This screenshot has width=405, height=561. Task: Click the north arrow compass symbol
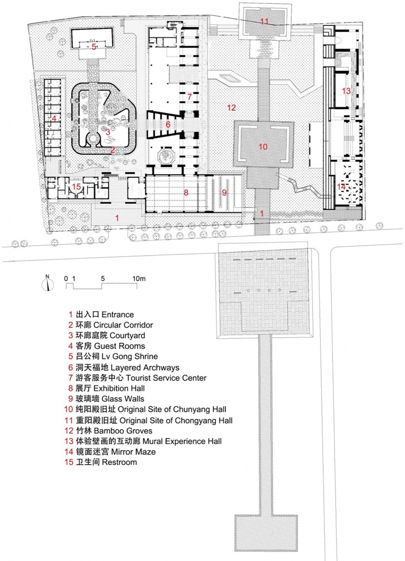pyautogui.click(x=47, y=283)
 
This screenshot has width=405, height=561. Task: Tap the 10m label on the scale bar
pyautogui.click(x=139, y=278)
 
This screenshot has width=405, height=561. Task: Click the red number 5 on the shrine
pyautogui.click(x=94, y=47)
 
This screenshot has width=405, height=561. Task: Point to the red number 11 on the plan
pyautogui.click(x=264, y=21)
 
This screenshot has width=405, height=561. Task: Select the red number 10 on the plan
pyautogui.click(x=263, y=147)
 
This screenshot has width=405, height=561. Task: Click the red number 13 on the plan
pyautogui.click(x=346, y=91)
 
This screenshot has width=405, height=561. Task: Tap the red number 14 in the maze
pyautogui.click(x=341, y=187)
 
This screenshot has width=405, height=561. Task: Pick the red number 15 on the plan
pyautogui.click(x=76, y=187)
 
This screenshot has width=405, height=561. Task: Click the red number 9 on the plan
pyautogui.click(x=224, y=192)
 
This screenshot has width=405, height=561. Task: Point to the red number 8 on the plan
pyautogui.click(x=186, y=192)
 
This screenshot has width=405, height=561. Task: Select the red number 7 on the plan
pyautogui.click(x=189, y=96)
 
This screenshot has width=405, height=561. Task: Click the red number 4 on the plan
pyautogui.click(x=54, y=118)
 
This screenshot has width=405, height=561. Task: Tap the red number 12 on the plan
pyautogui.click(x=231, y=108)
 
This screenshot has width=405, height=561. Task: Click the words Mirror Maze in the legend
pyautogui.click(x=133, y=451)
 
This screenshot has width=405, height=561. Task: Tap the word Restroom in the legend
pyautogui.click(x=119, y=462)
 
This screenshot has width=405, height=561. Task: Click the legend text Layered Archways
pyautogui.click(x=145, y=367)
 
